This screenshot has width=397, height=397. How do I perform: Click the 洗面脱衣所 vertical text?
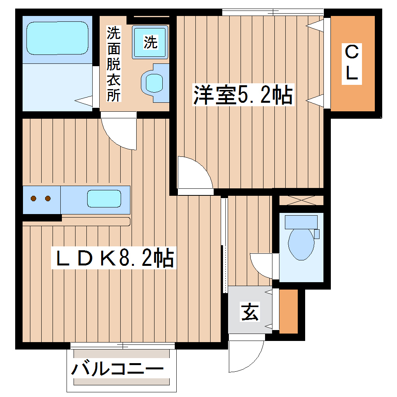(114, 64)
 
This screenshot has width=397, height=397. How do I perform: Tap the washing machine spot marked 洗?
(150, 42)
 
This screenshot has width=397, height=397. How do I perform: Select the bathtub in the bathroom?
(57, 38)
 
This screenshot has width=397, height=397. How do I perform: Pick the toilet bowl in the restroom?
(301, 244)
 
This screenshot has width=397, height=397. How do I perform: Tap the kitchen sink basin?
(104, 198)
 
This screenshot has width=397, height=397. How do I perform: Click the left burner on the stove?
(34, 198)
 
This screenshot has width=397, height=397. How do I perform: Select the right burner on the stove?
(48, 198)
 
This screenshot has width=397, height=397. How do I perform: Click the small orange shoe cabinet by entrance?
(288, 311)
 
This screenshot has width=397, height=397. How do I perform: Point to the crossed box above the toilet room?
(301, 200)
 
